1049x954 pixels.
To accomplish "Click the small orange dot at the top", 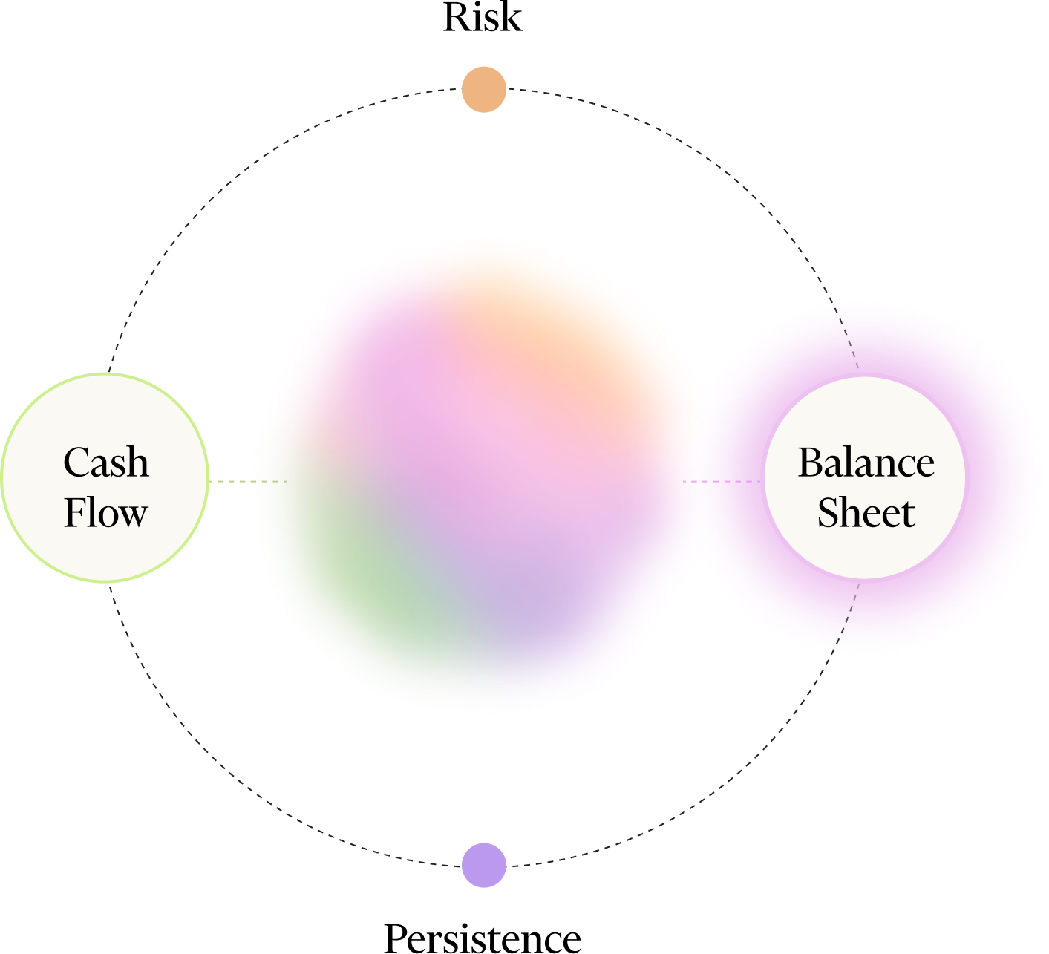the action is [x=484, y=90].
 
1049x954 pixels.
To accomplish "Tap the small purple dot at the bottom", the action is [x=484, y=865].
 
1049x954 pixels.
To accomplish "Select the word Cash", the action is [x=106, y=463].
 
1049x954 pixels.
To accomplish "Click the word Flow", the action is [x=105, y=513].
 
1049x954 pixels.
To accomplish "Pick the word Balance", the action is [x=866, y=463].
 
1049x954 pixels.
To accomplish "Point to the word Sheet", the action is [x=866, y=513].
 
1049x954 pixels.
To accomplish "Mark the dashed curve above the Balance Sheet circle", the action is [x=846, y=334].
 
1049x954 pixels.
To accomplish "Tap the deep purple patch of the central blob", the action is [x=527, y=587].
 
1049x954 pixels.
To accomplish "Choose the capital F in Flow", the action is [x=75, y=513].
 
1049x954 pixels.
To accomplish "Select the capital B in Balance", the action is [x=811, y=463].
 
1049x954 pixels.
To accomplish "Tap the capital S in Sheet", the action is [x=829, y=513].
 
